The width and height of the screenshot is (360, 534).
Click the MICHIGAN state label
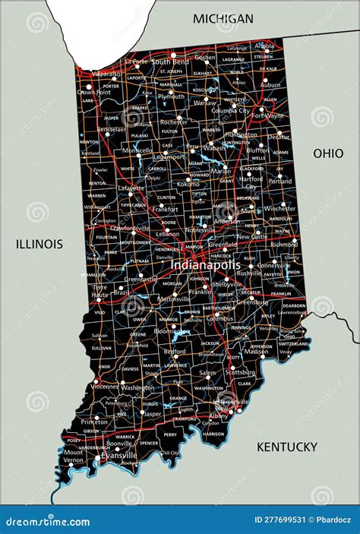(x=223, y=17)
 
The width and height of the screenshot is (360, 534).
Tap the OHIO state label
(x=328, y=153)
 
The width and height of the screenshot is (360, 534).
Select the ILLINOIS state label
(x=39, y=244)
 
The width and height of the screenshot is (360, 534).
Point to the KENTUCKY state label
(x=286, y=447)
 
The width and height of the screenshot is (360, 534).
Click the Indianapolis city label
(x=206, y=264)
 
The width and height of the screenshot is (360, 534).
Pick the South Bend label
(x=170, y=62)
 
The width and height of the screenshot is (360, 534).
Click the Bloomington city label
(x=172, y=332)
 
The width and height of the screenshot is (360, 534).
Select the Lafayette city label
(x=131, y=188)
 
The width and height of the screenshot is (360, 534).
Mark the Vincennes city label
(x=104, y=387)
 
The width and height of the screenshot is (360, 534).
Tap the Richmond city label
(x=284, y=245)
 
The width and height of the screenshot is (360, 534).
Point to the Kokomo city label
(x=188, y=184)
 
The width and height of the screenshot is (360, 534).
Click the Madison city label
(x=256, y=352)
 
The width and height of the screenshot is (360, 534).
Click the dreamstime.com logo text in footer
(x=47, y=520)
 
